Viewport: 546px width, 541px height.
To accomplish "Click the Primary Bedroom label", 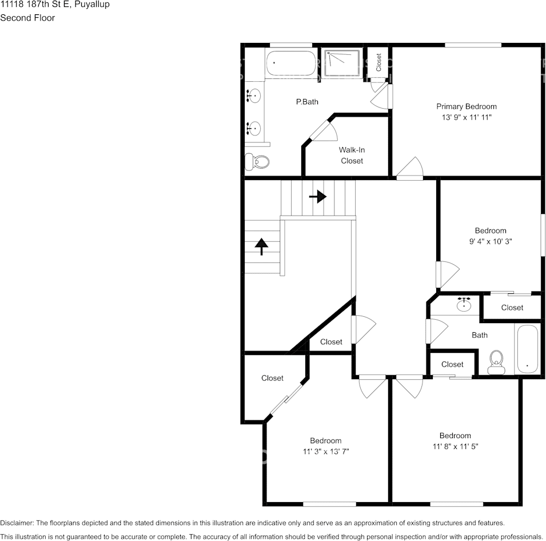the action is pos(467,106).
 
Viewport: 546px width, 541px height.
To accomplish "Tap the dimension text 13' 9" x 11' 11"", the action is pos(467,117).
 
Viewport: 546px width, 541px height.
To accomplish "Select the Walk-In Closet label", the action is pos(352,156).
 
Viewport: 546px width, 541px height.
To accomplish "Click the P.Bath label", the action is pos(307,102).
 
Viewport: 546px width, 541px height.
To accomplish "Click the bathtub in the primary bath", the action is pos(291,63).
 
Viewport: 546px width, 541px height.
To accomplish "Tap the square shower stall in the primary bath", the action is pos(342,63).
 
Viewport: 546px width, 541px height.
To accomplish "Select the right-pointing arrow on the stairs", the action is pos(317,197).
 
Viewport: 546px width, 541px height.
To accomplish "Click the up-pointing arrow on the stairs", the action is pos(261,246).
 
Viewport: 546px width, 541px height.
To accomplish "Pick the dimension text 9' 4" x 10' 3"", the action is pos(491,241).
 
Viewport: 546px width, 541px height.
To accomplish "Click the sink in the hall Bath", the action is pos(464,304).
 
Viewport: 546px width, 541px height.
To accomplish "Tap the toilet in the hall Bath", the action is pos(496,363).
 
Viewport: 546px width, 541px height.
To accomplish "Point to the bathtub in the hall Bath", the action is pos(528,349).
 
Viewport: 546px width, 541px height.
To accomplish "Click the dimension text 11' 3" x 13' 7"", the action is pos(326,451).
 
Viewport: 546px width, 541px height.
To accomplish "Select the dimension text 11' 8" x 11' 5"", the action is pos(456,446).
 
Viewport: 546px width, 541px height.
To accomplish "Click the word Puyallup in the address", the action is pos(92,5).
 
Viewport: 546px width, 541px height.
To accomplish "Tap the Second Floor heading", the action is pos(27,18).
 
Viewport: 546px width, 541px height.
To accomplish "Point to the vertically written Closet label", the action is pos(379,62).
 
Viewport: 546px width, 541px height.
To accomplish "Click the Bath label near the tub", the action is pos(480,335).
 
